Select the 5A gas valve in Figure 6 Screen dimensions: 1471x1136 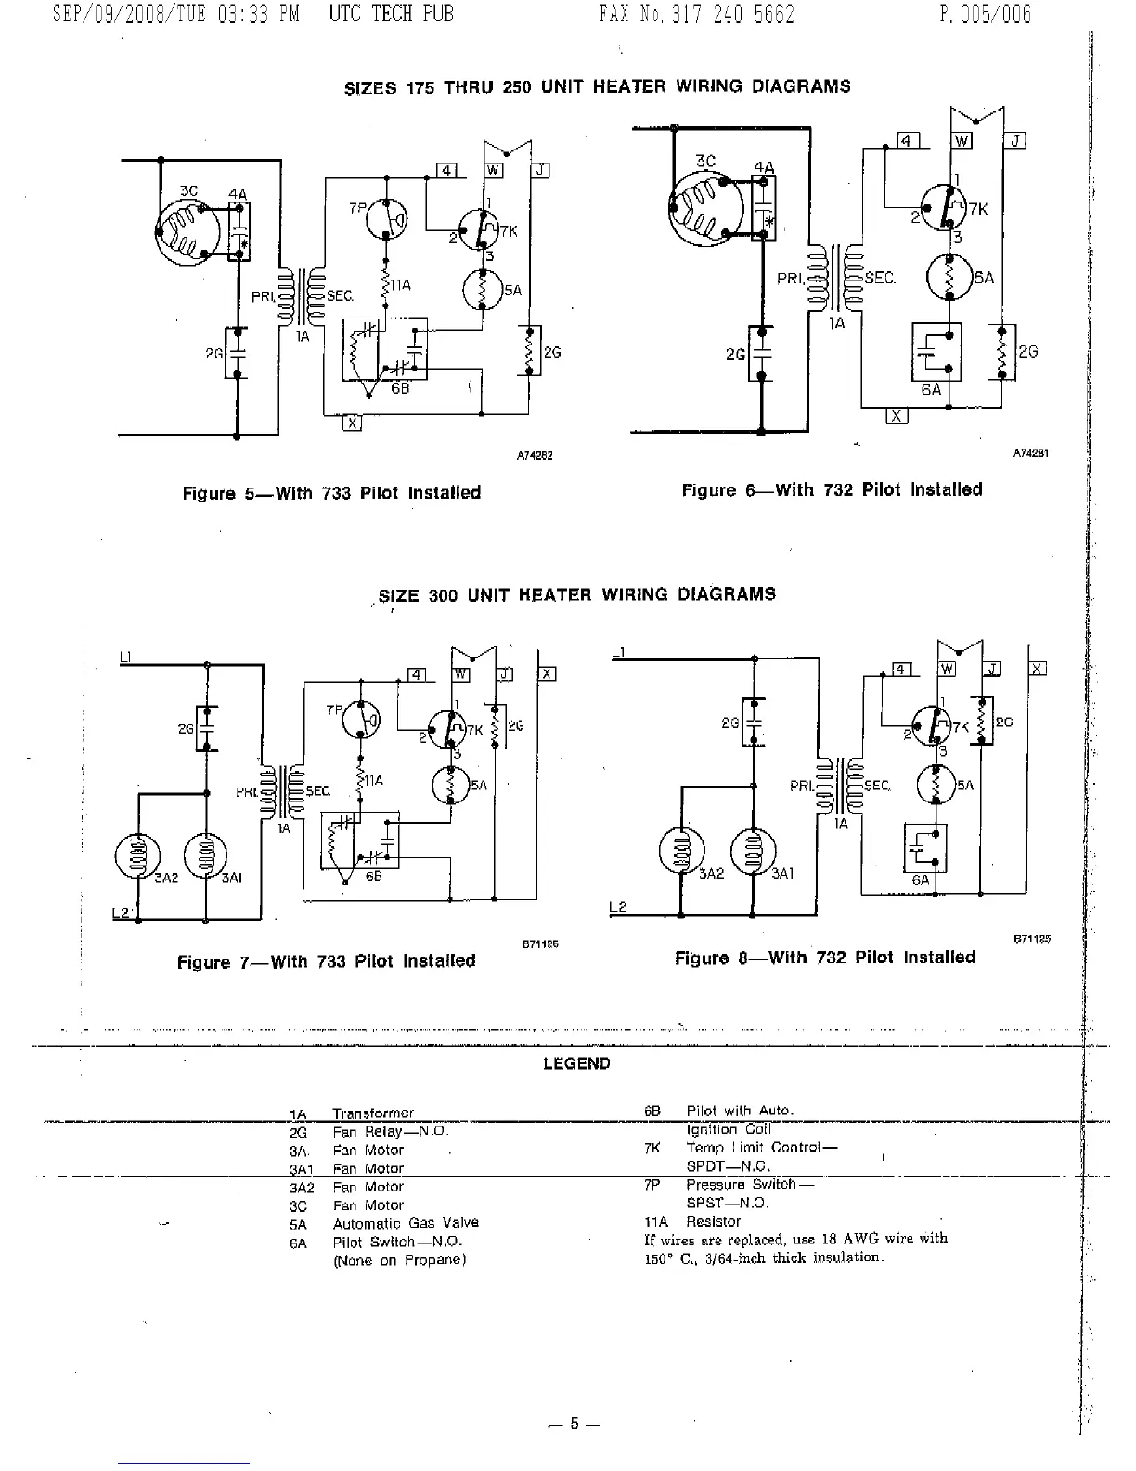(x=949, y=276)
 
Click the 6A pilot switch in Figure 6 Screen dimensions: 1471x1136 (x=936, y=352)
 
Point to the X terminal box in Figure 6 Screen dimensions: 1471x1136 (x=897, y=415)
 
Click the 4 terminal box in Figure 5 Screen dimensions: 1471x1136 (x=446, y=171)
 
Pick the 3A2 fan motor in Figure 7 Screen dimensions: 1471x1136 (x=137, y=855)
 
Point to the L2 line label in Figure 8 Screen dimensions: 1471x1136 (x=618, y=906)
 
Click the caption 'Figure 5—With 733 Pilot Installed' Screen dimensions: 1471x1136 (x=331, y=493)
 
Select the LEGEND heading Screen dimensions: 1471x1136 (x=576, y=1064)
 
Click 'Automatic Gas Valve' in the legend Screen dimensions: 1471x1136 (x=406, y=1223)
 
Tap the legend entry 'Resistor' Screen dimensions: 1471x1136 (x=713, y=1221)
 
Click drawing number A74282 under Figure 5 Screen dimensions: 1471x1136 (x=535, y=456)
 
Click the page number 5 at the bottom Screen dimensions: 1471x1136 (x=574, y=1424)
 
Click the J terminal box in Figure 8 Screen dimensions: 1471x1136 (x=993, y=669)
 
